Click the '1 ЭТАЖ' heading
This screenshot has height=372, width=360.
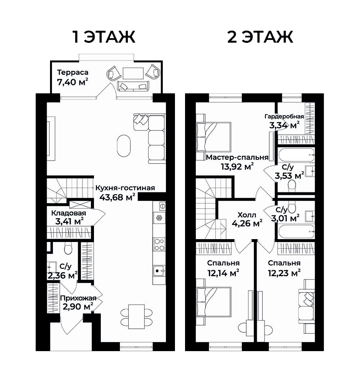104,37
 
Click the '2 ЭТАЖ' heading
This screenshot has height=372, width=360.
260,37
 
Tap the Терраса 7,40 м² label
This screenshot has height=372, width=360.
73,77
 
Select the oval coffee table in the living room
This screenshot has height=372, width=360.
124,146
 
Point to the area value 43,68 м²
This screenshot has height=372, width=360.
117,197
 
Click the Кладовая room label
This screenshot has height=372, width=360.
68,213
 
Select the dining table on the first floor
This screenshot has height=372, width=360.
136,317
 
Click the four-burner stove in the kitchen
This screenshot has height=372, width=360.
159,245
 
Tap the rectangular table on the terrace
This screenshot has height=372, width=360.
133,73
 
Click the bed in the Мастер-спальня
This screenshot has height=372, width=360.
213,137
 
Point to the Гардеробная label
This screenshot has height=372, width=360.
284,116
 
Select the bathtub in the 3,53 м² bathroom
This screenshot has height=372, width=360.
296,155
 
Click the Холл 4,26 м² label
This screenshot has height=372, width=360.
247,219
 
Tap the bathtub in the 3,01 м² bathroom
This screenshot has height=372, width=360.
296,232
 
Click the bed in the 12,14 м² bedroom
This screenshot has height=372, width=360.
213,302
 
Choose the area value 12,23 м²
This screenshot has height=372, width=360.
284,273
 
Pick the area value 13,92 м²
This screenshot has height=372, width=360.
237,166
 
